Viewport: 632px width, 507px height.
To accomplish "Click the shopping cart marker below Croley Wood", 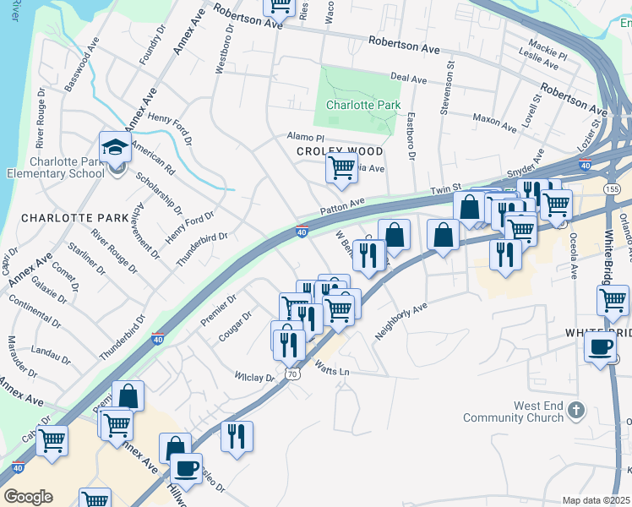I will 341,166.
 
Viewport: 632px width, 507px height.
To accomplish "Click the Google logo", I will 28,497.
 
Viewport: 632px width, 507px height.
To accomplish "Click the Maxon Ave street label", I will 494,123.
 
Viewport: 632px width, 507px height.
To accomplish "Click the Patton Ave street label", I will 341,206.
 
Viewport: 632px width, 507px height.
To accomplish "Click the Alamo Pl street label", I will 305,137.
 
